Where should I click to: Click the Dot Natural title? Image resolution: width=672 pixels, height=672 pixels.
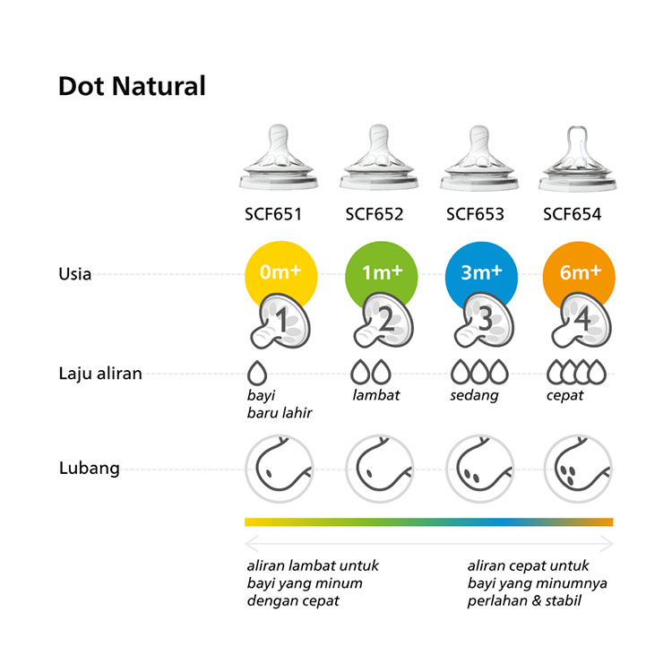[132, 86]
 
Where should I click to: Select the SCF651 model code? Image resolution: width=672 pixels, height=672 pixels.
[273, 214]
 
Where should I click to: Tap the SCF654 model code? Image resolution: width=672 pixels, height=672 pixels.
[573, 214]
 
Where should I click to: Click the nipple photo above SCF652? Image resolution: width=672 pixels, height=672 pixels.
[379, 157]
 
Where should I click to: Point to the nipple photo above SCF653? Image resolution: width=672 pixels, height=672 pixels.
[479, 158]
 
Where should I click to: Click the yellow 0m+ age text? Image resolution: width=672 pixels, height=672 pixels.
[280, 271]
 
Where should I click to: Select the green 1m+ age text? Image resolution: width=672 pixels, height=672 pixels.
[383, 272]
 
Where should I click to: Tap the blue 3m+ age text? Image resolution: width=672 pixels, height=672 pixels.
[481, 272]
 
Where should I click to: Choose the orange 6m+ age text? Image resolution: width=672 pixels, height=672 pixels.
[581, 272]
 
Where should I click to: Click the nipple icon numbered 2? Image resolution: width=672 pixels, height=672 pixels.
[383, 321]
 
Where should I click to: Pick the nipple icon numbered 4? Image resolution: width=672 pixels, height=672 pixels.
[582, 321]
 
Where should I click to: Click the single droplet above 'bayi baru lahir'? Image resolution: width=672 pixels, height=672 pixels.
[257, 373]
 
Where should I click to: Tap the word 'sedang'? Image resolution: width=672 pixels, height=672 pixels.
[474, 395]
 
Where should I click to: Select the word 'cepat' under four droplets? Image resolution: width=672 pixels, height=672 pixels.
[564, 395]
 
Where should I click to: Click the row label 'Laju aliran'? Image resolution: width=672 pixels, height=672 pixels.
[100, 374]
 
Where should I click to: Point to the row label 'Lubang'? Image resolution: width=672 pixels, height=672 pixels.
[89, 468]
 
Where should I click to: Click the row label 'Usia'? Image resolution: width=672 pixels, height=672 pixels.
[74, 274]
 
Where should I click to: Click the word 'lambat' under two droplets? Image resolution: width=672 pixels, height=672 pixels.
[375, 395]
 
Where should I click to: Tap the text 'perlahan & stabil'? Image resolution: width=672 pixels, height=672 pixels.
[524, 600]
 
